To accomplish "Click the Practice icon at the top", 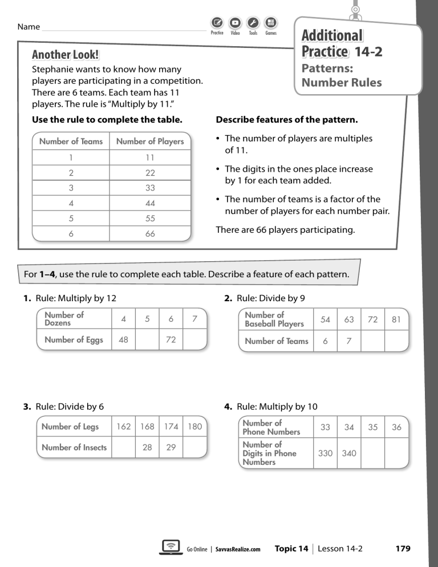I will point(217,23).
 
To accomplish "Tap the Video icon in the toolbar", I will point(235,23).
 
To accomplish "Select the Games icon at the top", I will point(271,23).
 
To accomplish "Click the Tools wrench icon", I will point(253,23).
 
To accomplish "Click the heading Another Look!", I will point(65,55).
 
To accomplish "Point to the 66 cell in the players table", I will point(150,234).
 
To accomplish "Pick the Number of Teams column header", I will point(71,141).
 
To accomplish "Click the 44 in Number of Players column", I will point(150,203).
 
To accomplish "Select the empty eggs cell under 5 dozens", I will point(147,340).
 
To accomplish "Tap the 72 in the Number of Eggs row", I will point(171,340).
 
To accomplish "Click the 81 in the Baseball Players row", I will point(396,320).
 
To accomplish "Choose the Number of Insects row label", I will point(74,448).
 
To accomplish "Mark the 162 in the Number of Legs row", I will point(124,427).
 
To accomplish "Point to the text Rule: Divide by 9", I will point(268,298).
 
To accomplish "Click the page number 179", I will point(403,549).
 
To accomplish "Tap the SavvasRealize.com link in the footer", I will point(238,549).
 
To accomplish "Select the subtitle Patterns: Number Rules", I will point(341,75).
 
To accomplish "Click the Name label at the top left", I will point(29,27).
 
